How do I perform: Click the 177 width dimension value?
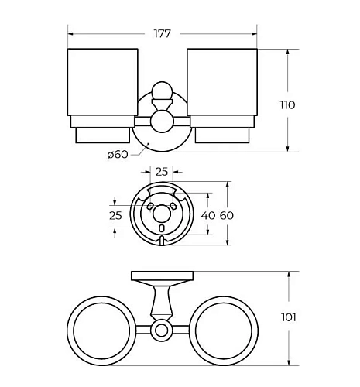tap(163, 33)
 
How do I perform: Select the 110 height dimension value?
tap(287, 105)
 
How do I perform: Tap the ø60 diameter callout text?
tap(118, 155)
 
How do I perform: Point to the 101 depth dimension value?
tap(289, 317)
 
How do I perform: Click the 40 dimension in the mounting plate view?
tap(208, 215)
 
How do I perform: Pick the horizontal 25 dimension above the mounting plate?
tap(162, 172)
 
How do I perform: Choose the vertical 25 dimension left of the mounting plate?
tap(115, 215)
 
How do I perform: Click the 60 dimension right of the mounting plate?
tap(227, 215)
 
